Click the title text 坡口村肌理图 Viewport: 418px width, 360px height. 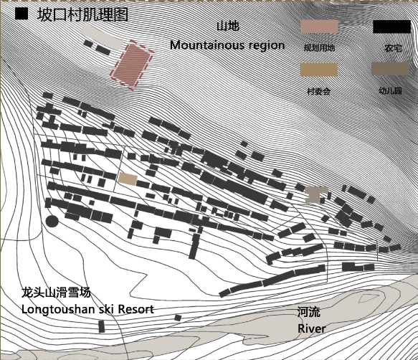point(83,15)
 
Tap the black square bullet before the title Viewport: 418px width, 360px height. point(22,14)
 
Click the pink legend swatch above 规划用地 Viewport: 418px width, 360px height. point(319,27)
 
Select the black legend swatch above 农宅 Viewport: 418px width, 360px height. point(392,27)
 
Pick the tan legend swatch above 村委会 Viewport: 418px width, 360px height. point(319,70)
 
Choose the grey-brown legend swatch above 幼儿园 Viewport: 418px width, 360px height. point(390,69)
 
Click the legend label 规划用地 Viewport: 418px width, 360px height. point(319,48)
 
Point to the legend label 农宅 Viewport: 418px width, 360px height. point(393,48)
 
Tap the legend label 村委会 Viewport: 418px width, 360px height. point(319,92)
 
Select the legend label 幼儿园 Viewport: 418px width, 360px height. point(390,91)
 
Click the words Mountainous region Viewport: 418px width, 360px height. point(227,45)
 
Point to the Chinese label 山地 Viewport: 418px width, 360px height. point(228,26)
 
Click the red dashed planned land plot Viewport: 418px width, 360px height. point(132,65)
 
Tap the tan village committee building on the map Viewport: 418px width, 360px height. point(128,179)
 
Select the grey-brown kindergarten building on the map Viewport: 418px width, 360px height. point(315,194)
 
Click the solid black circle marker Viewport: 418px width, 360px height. point(52,221)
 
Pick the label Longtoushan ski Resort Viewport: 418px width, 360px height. point(87,309)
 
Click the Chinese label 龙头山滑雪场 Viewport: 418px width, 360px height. point(56,293)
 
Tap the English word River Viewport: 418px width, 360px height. point(312,328)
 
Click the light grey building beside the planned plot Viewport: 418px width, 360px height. point(103,37)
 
